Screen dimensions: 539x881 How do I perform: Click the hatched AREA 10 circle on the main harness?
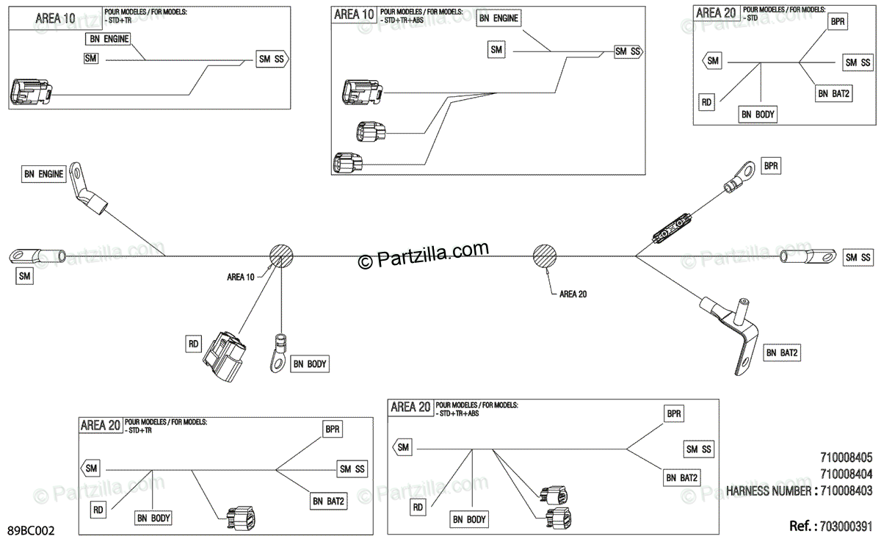281,256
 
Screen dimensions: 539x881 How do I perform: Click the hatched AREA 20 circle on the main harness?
544,256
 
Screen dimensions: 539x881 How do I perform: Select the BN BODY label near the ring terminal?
311,363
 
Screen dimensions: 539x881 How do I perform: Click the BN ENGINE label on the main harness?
44,174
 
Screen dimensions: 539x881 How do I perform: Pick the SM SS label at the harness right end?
858,257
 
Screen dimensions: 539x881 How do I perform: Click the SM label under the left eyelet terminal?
25,276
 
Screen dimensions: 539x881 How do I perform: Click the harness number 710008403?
845,491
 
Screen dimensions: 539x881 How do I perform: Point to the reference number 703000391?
844,526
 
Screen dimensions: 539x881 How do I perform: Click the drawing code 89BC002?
30,529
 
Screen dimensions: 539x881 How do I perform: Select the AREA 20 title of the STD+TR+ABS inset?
410,408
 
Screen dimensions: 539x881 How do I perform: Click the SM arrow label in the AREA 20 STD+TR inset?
91,468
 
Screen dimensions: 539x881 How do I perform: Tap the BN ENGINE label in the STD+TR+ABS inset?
498,18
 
